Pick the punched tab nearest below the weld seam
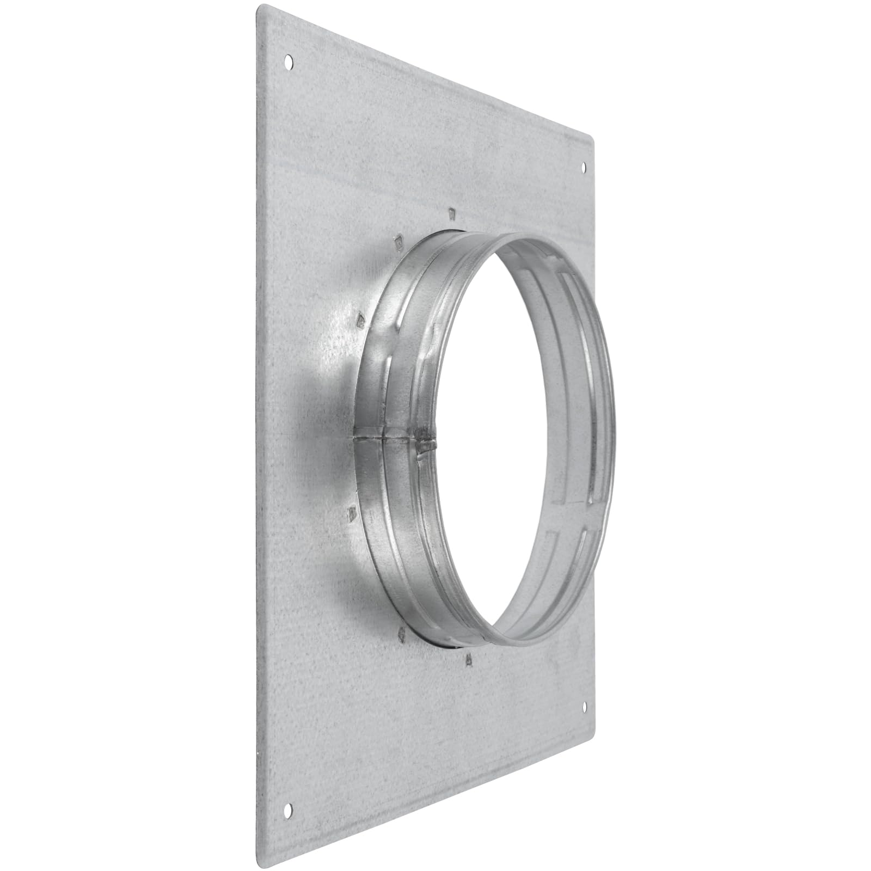point(352,512)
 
